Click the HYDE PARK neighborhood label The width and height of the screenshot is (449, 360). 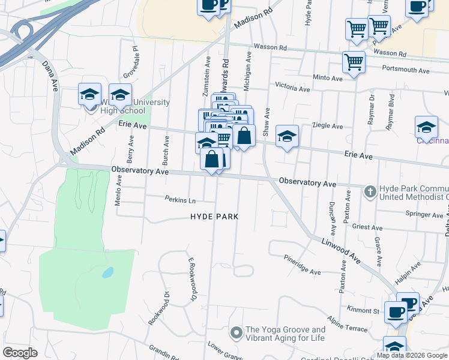pos(214,217)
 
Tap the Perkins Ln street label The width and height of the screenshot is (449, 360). pos(180,200)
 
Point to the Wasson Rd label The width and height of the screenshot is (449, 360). pos(271,47)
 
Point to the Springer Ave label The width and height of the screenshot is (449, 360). pos(424,214)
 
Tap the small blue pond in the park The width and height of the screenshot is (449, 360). pos(107,273)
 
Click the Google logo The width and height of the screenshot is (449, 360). pos(20,353)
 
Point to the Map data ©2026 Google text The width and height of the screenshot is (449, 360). pos(411,355)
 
